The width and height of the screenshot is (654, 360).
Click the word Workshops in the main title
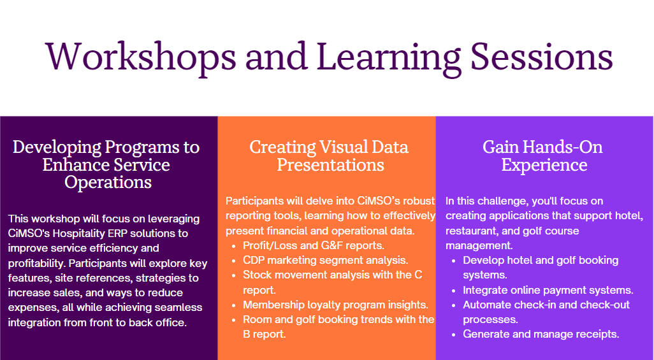pyautogui.click(x=141, y=56)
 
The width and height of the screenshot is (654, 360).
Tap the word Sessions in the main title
pyautogui.click(x=542, y=56)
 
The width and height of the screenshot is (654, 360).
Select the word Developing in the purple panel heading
pyautogui.click(x=57, y=148)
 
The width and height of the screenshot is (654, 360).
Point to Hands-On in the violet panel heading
pyautogui.click(x=562, y=147)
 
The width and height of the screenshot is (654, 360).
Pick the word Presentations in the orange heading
pyautogui.click(x=330, y=165)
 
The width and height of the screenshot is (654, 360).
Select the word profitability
pyautogui.click(x=36, y=264)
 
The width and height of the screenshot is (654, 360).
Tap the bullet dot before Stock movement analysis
pyautogui.click(x=233, y=276)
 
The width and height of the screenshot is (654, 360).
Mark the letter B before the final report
pyautogui.click(x=247, y=334)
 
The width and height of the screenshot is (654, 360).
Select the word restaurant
pyautogui.click(x=469, y=231)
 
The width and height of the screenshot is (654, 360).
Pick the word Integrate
pyautogui.click(x=483, y=291)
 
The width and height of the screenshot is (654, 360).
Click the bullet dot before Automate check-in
pyautogui.click(x=453, y=305)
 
